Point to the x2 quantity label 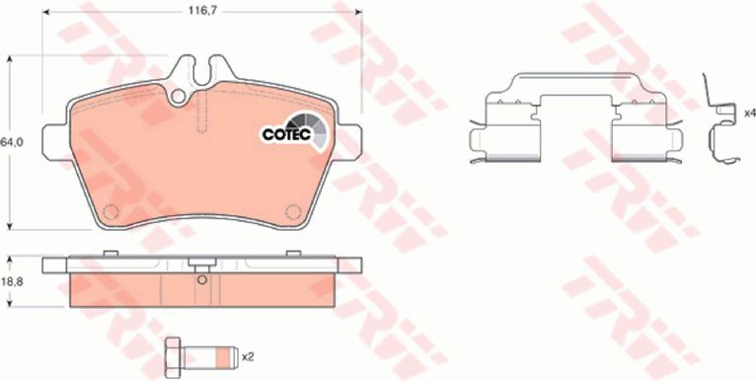tap(248, 357)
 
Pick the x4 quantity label tap(750, 114)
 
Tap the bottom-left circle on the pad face tap(111, 211)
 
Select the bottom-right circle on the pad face tap(293, 211)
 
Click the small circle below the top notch tap(178, 96)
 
